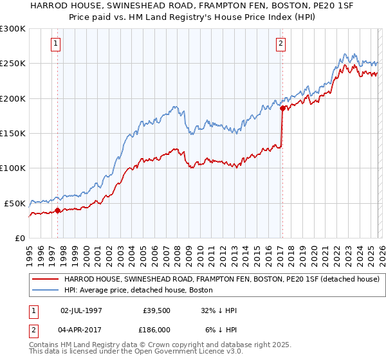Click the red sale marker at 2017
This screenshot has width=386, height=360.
282,108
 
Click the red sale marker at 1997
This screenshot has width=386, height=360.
57,210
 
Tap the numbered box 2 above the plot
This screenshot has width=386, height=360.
282,44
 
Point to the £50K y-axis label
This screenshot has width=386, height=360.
15,203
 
